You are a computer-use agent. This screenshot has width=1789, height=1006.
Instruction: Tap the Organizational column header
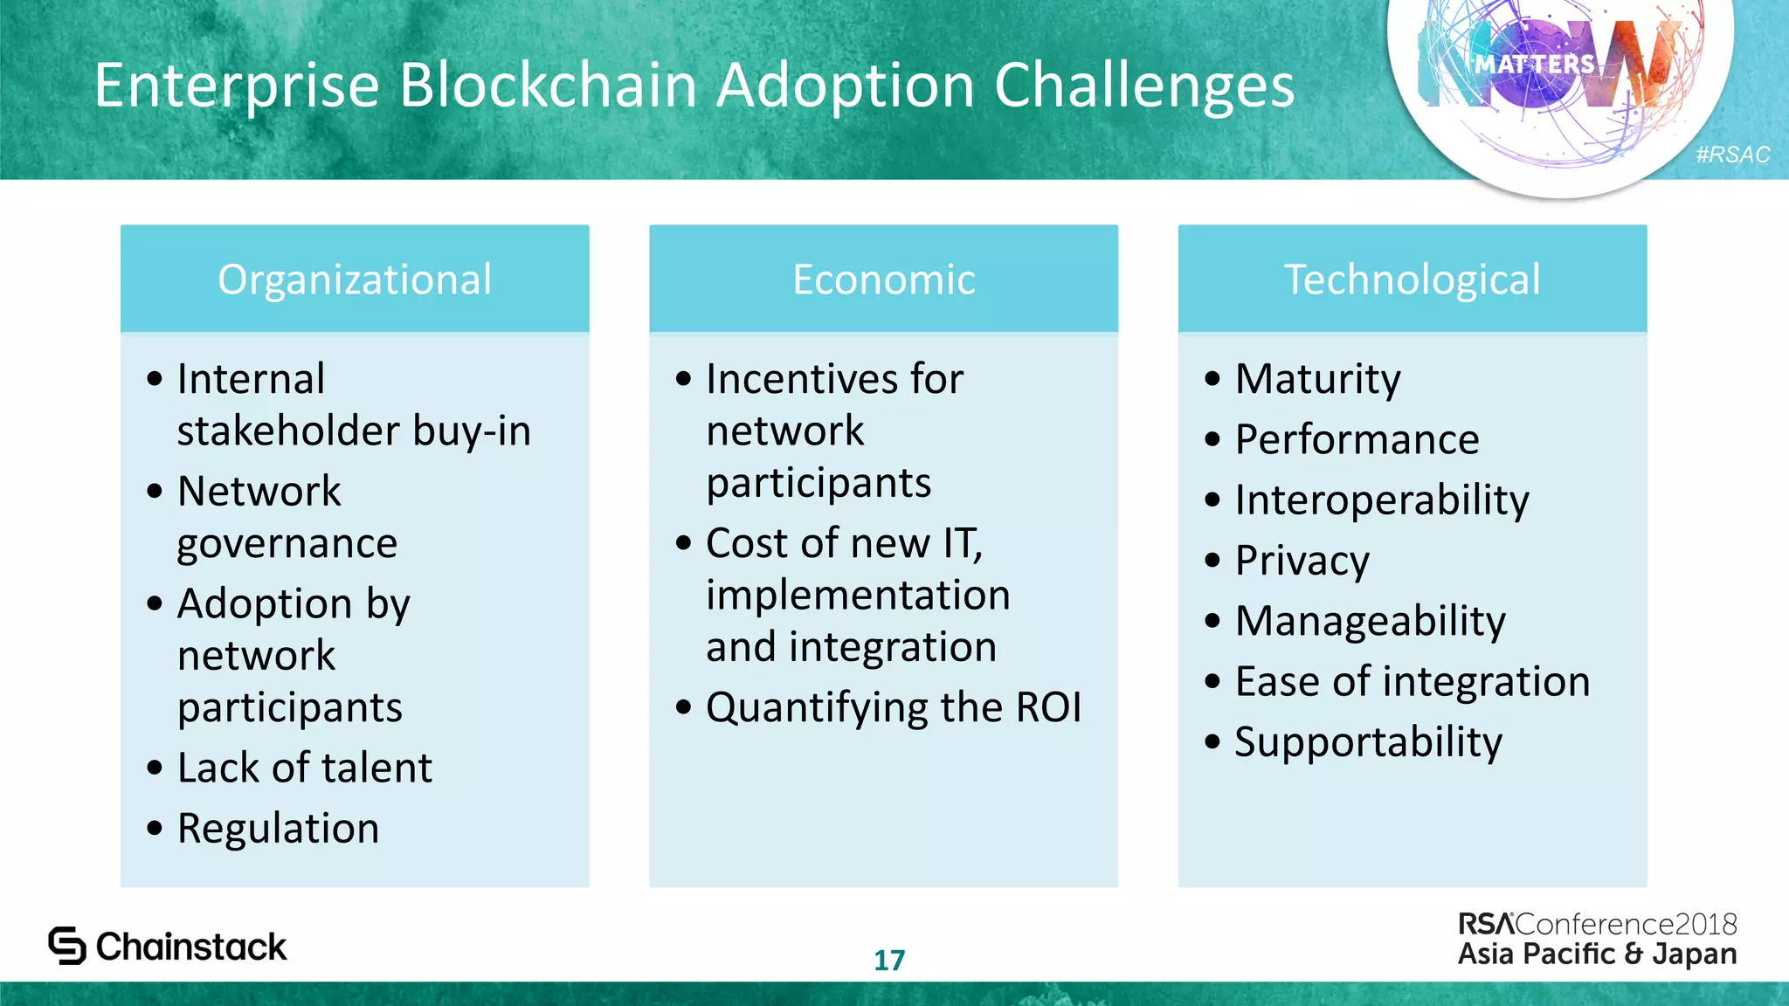[x=355, y=279]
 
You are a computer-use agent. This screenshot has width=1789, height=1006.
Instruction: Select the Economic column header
[x=883, y=279]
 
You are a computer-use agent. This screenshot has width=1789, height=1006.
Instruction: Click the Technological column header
[x=1412, y=279]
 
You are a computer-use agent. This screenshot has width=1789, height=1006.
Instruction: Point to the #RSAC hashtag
[x=1732, y=155]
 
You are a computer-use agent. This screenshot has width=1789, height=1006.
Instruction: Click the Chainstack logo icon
[x=67, y=946]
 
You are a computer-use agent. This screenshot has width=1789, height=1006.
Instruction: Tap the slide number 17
[x=889, y=960]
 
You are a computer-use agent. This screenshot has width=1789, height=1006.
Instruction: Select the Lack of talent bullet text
[x=304, y=768]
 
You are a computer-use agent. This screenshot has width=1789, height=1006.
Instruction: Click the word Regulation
[x=278, y=828]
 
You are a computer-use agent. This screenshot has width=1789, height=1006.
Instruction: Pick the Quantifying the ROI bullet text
[x=893, y=707]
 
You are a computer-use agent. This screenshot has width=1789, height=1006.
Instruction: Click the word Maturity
[x=1317, y=379]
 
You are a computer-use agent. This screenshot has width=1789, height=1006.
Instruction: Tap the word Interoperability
[x=1381, y=500]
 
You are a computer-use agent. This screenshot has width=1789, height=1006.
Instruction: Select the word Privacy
[x=1302, y=561]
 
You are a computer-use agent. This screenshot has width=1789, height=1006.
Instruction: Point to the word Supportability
[x=1368, y=742]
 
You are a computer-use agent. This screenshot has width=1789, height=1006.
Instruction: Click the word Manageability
[x=1370, y=621]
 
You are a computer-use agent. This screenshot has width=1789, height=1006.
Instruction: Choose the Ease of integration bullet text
[x=1412, y=681]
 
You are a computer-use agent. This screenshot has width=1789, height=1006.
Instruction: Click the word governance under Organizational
[x=287, y=544]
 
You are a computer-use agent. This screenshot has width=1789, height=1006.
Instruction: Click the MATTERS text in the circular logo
[x=1535, y=64]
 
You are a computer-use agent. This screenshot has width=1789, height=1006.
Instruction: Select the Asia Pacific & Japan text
[x=1597, y=954]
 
